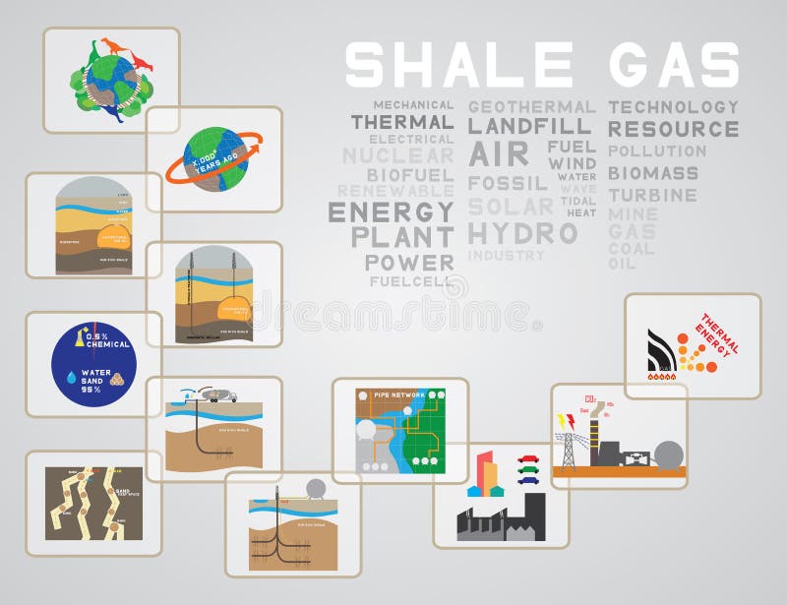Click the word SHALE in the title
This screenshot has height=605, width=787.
[x=458, y=65]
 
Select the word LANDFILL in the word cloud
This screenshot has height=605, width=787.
[x=529, y=127]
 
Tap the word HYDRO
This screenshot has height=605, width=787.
[x=521, y=233]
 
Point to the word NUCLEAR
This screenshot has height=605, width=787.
[x=397, y=155]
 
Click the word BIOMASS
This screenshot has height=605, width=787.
[x=652, y=173]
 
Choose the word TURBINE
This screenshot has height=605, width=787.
[x=651, y=195]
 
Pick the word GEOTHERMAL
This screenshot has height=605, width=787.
[x=531, y=106]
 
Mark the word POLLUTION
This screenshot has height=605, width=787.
[x=656, y=151]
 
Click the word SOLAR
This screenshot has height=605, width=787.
[x=511, y=207]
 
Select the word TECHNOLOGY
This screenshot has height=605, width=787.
[x=673, y=106]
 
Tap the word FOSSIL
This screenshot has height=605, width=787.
[x=508, y=183]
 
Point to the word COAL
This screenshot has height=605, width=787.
[x=631, y=249]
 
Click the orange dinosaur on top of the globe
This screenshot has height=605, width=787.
[x=115, y=45]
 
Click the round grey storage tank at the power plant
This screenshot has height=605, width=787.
[x=669, y=454]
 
